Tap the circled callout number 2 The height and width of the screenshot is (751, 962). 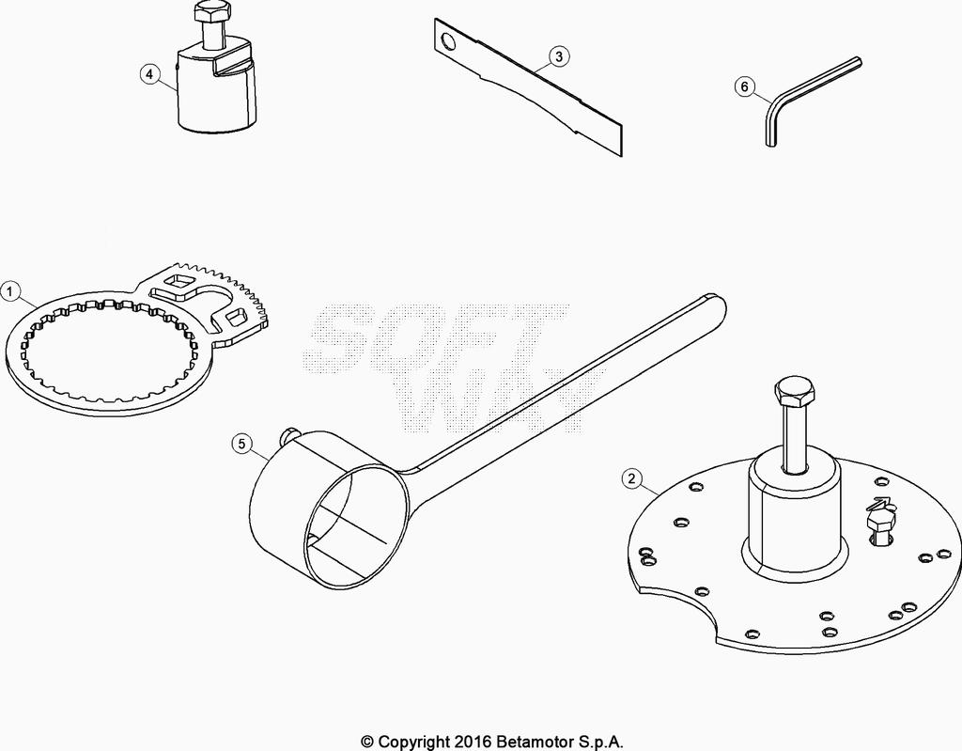(632, 477)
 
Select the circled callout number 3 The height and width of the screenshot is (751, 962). (558, 56)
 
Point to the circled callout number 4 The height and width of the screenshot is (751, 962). (149, 74)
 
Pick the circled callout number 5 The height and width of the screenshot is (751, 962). (241, 443)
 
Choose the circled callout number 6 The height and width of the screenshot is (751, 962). (745, 86)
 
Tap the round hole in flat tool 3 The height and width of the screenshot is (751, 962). (449, 41)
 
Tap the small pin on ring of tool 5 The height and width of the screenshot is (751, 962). (287, 435)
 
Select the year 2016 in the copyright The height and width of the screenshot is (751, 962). (473, 742)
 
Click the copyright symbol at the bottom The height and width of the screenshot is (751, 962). (367, 743)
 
